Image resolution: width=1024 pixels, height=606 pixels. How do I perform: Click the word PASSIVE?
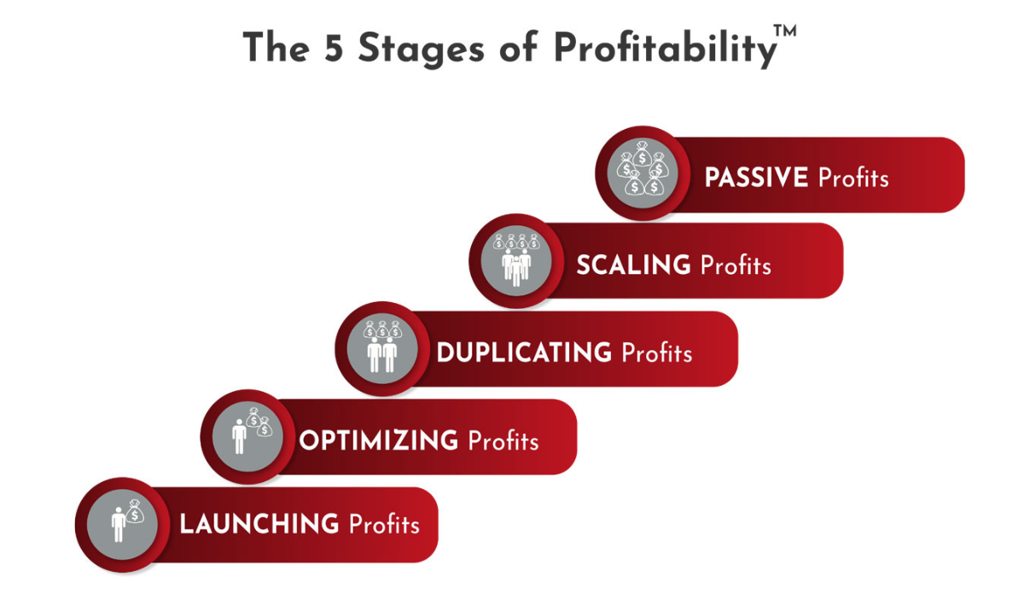tap(756, 178)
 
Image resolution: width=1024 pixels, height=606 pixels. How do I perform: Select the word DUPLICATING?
tap(524, 353)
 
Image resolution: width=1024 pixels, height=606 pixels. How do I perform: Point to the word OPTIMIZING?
tap(379, 440)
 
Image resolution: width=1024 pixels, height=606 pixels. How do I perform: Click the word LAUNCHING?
tap(259, 524)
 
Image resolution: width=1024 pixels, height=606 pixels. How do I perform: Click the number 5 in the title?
tap(334, 48)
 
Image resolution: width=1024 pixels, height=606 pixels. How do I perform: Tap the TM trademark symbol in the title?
tap(785, 31)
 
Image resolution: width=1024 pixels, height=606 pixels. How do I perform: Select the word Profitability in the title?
tap(666, 50)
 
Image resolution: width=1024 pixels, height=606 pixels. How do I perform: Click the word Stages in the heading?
tap(421, 50)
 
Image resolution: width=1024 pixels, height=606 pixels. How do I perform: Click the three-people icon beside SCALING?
tap(516, 259)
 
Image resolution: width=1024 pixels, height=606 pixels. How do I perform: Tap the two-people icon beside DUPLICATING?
tap(382, 347)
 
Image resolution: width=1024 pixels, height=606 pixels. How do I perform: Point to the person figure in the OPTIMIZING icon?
tap(239, 436)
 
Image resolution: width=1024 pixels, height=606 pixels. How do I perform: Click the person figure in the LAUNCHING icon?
tap(119, 524)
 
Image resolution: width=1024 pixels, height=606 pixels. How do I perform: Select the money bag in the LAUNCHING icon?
tap(135, 511)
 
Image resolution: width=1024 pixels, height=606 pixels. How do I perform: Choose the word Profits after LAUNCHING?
tap(385, 524)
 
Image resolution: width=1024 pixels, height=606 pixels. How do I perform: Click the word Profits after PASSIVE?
tap(853, 178)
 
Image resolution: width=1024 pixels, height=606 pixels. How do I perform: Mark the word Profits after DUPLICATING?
tap(657, 353)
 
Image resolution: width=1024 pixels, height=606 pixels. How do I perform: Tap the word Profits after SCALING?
tap(736, 265)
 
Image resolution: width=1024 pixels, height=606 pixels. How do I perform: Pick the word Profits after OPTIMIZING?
tap(503, 440)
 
